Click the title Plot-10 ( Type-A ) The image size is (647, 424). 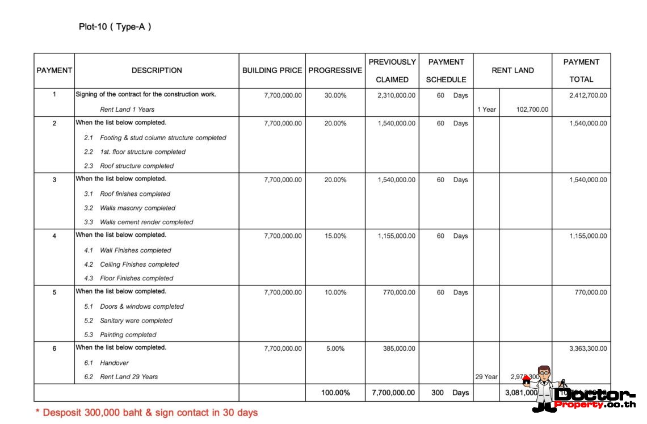coord(115,27)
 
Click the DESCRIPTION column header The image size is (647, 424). coord(157,71)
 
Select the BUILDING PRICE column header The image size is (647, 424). coord(272,71)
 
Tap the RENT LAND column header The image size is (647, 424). coord(512,71)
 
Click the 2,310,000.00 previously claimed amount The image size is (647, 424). coord(396,95)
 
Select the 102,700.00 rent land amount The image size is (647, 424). coord(532,110)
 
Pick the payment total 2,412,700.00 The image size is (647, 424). coord(588,95)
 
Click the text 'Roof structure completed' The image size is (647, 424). coord(137,166)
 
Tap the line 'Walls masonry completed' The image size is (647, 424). coord(137,208)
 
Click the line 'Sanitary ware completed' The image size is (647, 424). coord(136,321)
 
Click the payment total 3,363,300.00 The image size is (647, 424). coord(588,349)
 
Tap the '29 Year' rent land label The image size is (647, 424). coord(486,377)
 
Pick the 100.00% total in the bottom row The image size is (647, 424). coord(335,392)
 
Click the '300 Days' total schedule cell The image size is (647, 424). coord(449,392)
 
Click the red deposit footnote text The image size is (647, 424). coord(146,413)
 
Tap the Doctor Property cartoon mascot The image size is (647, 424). coord(543,387)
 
